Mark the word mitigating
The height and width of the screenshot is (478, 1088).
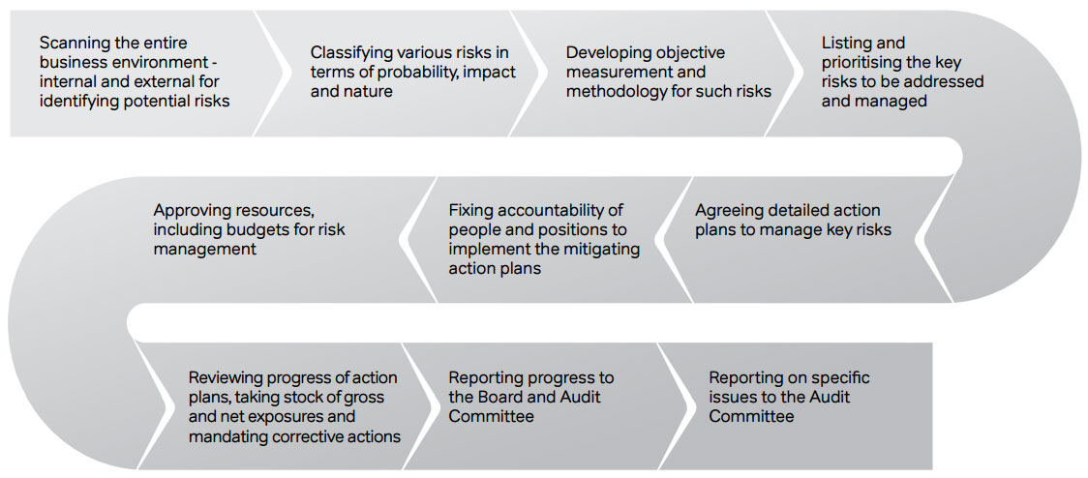pyautogui.click(x=602, y=249)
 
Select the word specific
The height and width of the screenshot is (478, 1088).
pyautogui.click(x=838, y=378)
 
